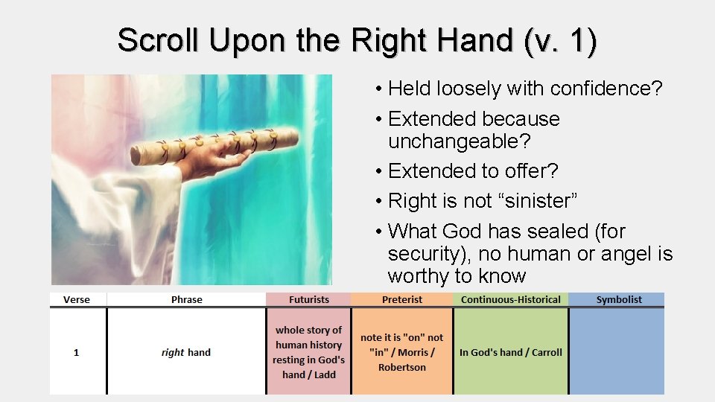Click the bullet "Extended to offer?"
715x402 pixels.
[x=472, y=170]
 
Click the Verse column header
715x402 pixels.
[x=77, y=299]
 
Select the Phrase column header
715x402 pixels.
[x=186, y=299]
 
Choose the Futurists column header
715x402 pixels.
[x=308, y=299]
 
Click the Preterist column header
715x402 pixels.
[x=401, y=299]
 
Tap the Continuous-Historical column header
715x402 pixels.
[x=510, y=299]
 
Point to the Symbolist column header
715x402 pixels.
[x=618, y=299]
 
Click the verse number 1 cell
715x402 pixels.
[x=76, y=352]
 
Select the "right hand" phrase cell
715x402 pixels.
[x=186, y=352]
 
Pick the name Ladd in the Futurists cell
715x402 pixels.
[x=325, y=374]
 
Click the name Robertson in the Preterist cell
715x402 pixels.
[x=401, y=367]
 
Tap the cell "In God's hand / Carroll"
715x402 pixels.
[x=510, y=352]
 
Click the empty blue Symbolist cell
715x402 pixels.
[x=617, y=351]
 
